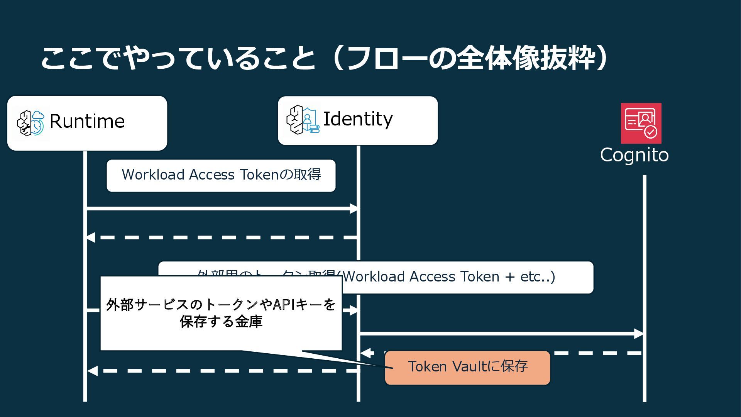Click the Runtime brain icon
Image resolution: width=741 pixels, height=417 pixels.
pos(30,123)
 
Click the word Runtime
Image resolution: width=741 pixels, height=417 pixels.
pos(87,121)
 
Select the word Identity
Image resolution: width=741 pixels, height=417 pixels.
pos(358,119)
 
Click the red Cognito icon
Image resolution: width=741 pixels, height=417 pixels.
pos(641,123)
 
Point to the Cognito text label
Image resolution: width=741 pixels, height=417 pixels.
pos(634,155)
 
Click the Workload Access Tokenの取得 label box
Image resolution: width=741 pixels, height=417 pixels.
pos(221,175)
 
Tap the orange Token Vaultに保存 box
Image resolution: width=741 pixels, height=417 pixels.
pos(467,367)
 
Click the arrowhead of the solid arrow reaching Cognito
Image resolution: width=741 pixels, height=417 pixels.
pos(639,334)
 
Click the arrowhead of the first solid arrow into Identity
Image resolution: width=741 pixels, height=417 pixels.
pos(354,209)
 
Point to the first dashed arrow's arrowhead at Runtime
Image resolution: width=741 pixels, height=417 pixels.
pos(90,237)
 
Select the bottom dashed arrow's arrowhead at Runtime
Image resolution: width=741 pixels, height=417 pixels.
pos(92,371)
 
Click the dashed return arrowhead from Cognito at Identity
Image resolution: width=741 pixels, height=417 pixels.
pos(365,353)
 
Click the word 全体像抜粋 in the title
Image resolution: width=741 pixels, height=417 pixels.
pos(526,59)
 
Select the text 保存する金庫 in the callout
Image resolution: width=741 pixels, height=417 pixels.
pos(221,322)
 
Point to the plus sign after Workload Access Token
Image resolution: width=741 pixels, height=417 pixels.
pos(510,277)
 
